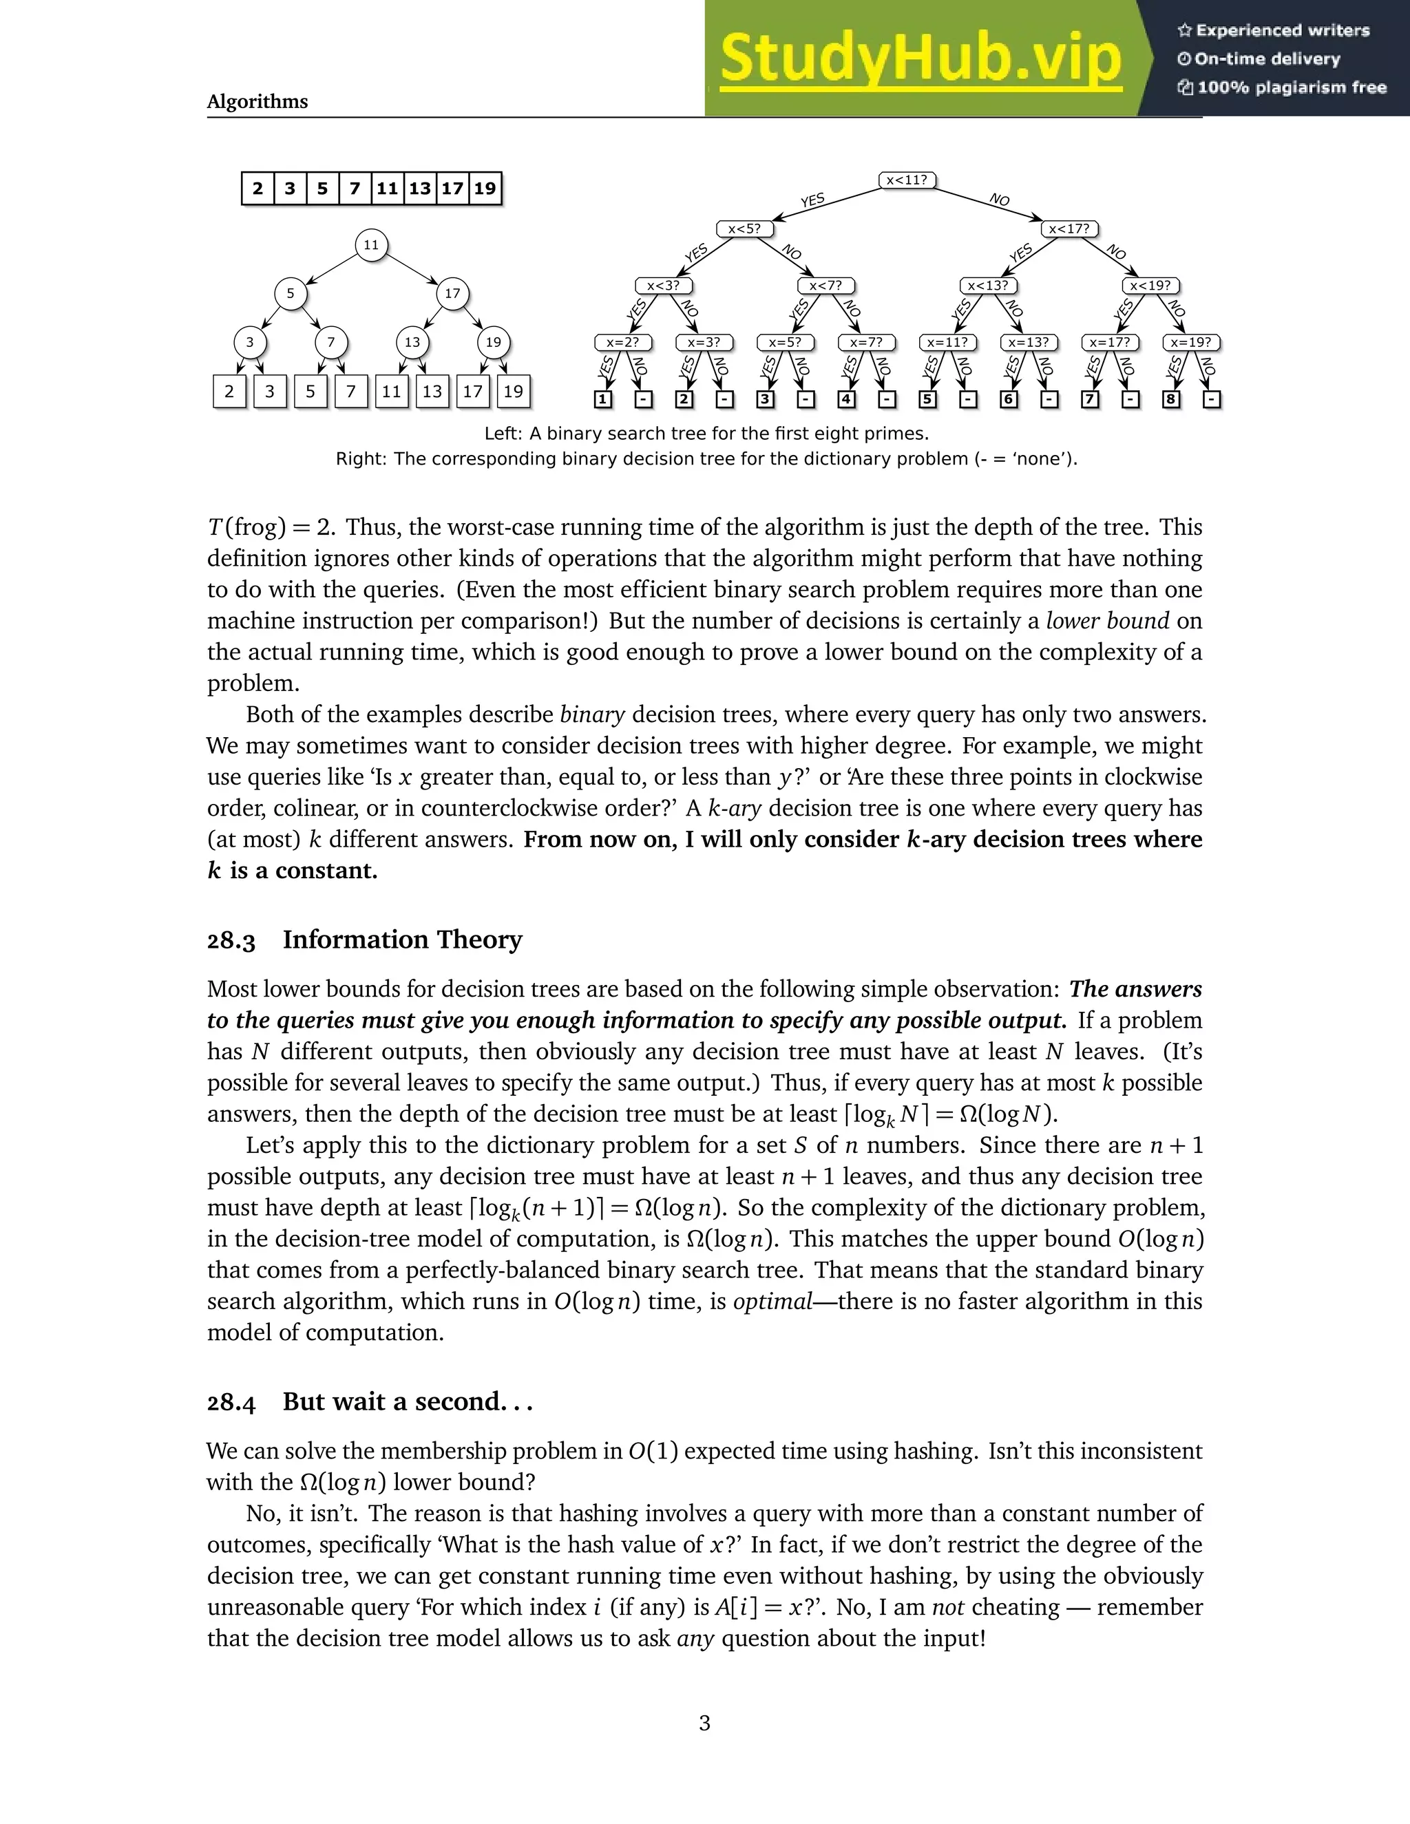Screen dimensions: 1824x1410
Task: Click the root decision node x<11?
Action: pyautogui.click(x=907, y=180)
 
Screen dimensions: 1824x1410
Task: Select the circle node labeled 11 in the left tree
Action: pyautogui.click(x=371, y=245)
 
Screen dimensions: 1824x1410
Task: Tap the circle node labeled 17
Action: pyautogui.click(x=452, y=293)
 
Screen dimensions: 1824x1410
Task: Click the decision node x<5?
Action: pyautogui.click(x=744, y=229)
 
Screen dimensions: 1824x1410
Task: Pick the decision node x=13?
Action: pyautogui.click(x=1029, y=342)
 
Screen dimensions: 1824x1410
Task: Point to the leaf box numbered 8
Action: pyautogui.click(x=1170, y=399)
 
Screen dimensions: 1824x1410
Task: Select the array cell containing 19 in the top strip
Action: pyautogui.click(x=485, y=188)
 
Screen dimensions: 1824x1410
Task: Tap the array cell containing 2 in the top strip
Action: pyautogui.click(x=257, y=188)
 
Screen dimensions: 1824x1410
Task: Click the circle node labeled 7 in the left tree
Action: pyautogui.click(x=330, y=341)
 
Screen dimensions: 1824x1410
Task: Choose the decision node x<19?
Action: pyautogui.click(x=1150, y=286)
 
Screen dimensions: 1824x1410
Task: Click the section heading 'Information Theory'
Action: pyautogui.click(x=402, y=940)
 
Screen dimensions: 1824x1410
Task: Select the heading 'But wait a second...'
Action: pyautogui.click(x=407, y=1401)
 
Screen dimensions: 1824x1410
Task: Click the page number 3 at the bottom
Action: pyautogui.click(x=704, y=1722)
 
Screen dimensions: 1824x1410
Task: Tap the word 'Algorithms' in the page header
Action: pyautogui.click(x=257, y=101)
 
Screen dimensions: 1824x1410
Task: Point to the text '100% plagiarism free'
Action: pyautogui.click(x=1291, y=87)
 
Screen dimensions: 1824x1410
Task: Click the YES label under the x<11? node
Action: pyautogui.click(x=812, y=200)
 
